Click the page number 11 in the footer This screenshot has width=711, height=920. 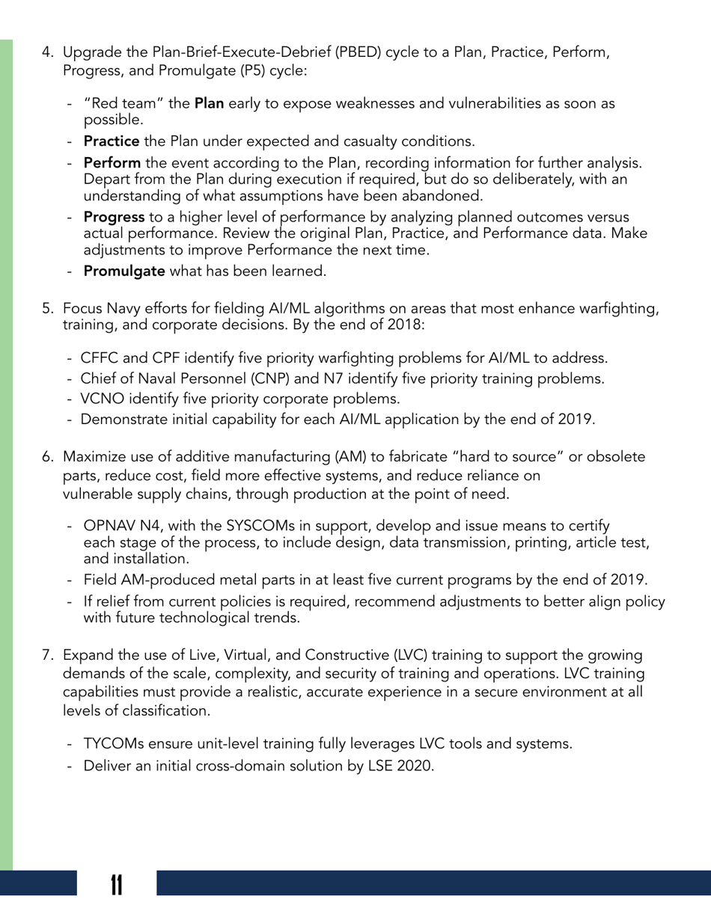click(x=116, y=885)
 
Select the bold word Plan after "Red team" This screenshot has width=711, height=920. click(x=209, y=104)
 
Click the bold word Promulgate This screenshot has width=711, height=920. click(x=124, y=271)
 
